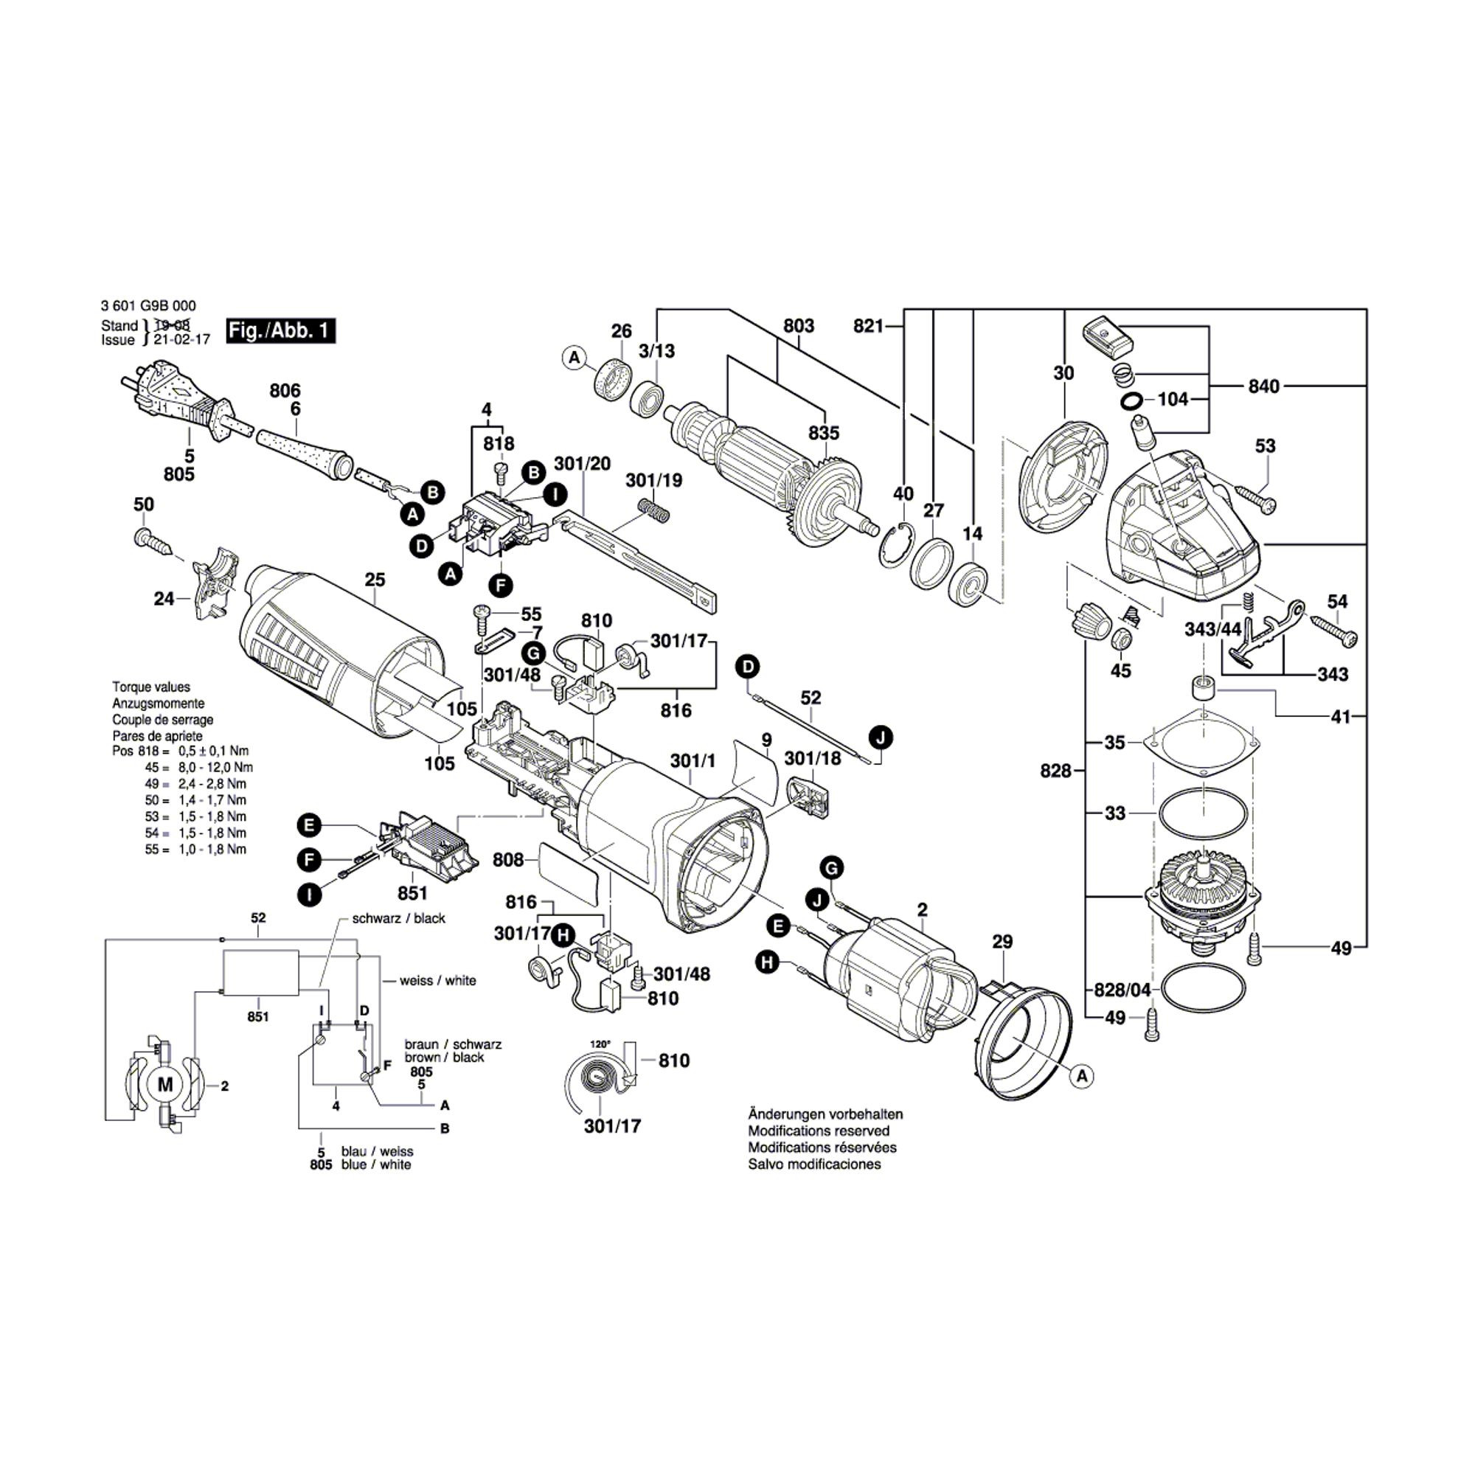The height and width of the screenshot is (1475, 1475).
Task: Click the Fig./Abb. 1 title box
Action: pos(281,330)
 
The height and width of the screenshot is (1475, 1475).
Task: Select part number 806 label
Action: pos(285,391)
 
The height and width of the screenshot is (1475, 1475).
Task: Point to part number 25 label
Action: pos(375,580)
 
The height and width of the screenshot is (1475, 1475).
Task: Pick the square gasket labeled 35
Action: pos(1203,744)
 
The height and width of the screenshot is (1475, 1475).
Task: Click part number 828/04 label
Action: pos(1122,990)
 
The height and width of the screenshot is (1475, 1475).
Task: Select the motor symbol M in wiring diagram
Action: pos(165,1085)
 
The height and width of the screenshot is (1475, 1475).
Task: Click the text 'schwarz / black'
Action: pos(398,918)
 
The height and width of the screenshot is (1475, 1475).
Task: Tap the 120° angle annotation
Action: pos(600,1044)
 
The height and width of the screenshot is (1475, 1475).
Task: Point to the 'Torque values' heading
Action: pos(151,687)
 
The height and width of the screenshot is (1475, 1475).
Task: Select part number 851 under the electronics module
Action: pos(412,892)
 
